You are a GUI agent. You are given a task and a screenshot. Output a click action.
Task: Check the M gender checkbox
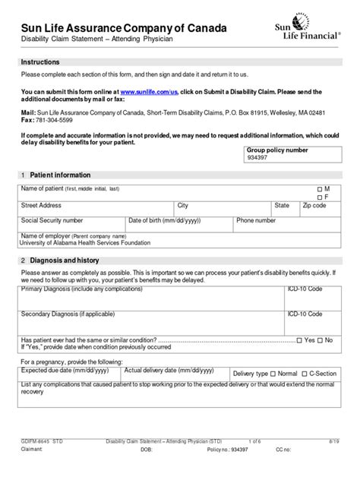coord(319,188)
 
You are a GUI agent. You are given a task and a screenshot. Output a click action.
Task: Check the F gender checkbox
coord(319,196)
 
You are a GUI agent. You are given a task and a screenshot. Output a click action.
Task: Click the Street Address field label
coord(42,205)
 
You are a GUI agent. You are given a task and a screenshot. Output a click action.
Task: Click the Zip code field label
coord(314,205)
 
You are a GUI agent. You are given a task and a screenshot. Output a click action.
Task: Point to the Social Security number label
coord(52,220)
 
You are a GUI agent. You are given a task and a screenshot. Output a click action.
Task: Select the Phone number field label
coord(255,220)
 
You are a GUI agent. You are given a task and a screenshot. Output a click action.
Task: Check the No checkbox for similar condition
coord(321,339)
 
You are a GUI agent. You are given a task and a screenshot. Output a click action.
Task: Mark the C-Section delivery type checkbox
coord(303,374)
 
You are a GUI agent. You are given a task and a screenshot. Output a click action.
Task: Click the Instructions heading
coord(39,61)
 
